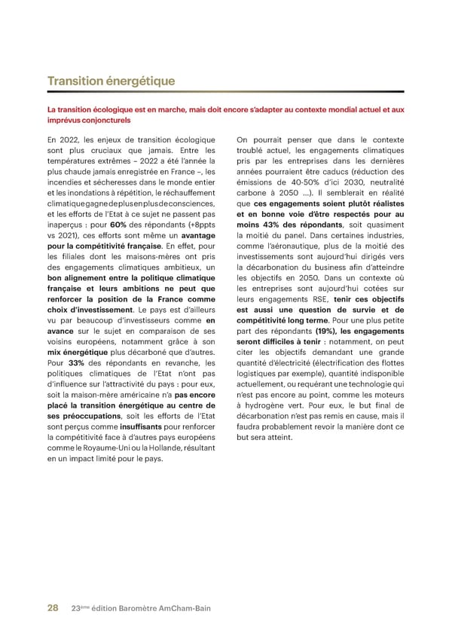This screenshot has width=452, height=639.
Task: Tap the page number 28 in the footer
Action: coord(53,607)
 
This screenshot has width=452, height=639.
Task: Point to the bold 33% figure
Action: coord(75,362)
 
